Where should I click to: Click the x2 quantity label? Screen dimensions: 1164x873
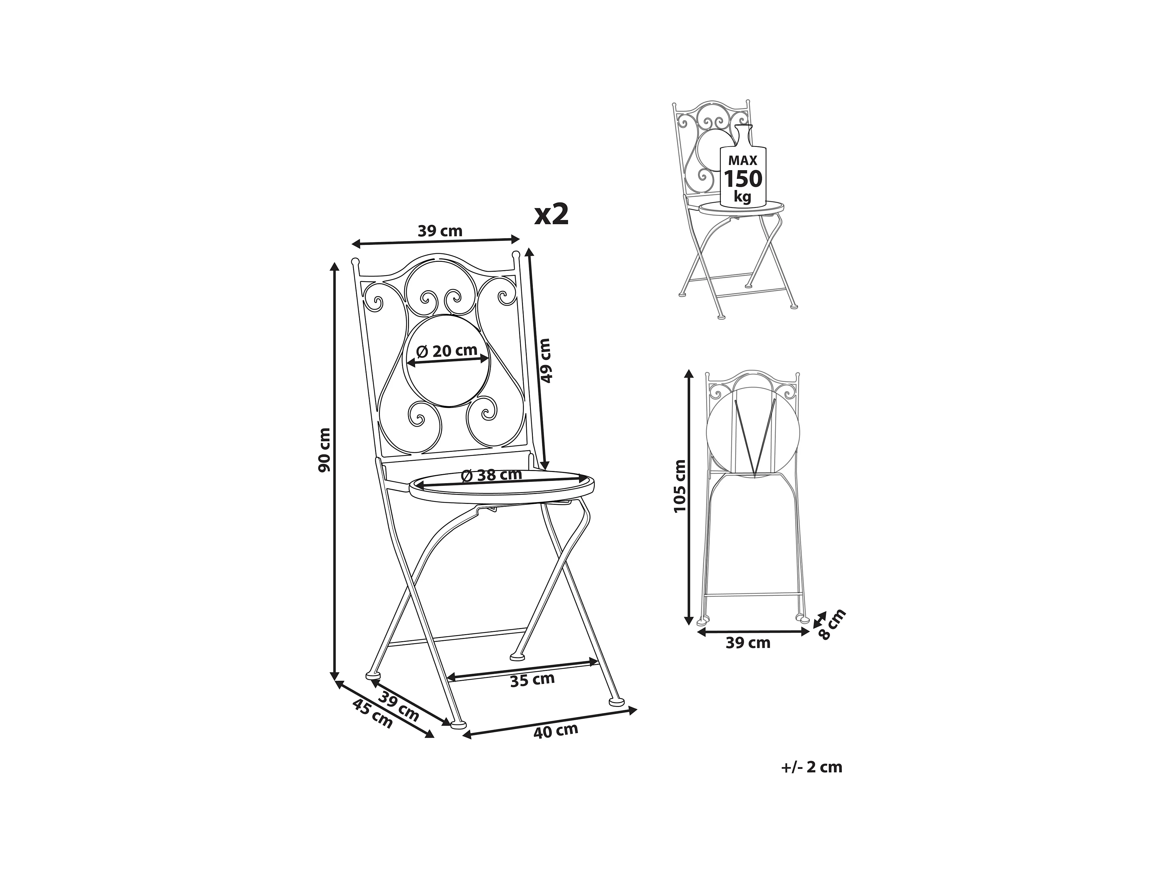click(551, 215)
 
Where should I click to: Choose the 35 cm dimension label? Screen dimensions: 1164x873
click(533, 679)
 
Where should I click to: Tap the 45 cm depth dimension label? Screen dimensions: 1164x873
click(373, 714)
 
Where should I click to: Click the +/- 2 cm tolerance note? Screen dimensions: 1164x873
click(812, 768)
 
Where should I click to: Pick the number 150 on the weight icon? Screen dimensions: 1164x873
click(743, 179)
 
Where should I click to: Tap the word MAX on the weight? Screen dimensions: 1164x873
click(743, 161)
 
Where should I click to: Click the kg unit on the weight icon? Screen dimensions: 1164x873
click(743, 197)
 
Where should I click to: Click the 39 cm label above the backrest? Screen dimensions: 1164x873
click(440, 231)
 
